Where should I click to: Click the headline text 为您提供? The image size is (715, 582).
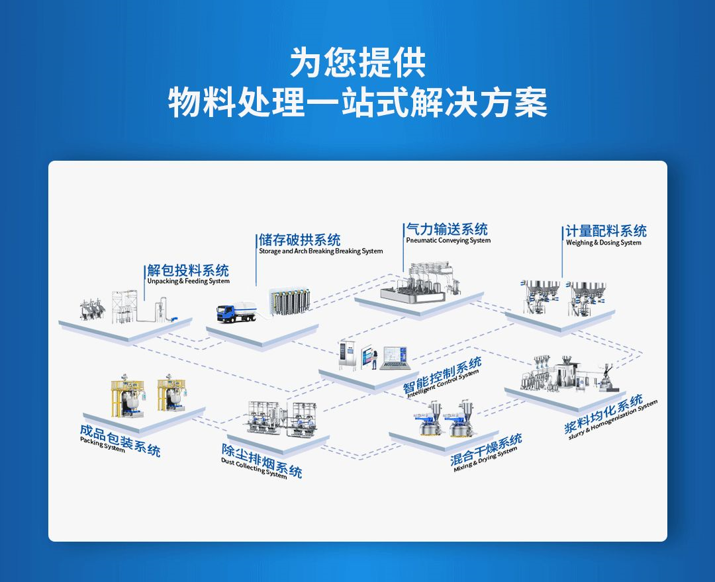click(358, 63)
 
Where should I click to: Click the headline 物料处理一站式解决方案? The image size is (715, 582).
click(358, 104)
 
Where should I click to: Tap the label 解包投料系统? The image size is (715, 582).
click(188, 270)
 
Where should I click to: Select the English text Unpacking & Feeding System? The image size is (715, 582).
click(188, 281)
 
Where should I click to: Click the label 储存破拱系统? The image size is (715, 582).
click(299, 239)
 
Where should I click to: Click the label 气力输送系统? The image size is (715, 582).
click(447, 229)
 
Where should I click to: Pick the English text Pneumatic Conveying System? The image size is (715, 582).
click(448, 241)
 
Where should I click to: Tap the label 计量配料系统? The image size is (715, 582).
click(606, 231)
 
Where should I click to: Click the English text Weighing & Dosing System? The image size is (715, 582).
click(603, 243)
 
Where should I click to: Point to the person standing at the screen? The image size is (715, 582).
click(374, 359)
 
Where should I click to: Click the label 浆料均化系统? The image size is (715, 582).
click(604, 415)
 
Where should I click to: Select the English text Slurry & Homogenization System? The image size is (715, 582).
click(613, 422)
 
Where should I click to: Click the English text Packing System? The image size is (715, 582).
click(102, 444)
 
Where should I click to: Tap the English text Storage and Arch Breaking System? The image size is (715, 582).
click(320, 251)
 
